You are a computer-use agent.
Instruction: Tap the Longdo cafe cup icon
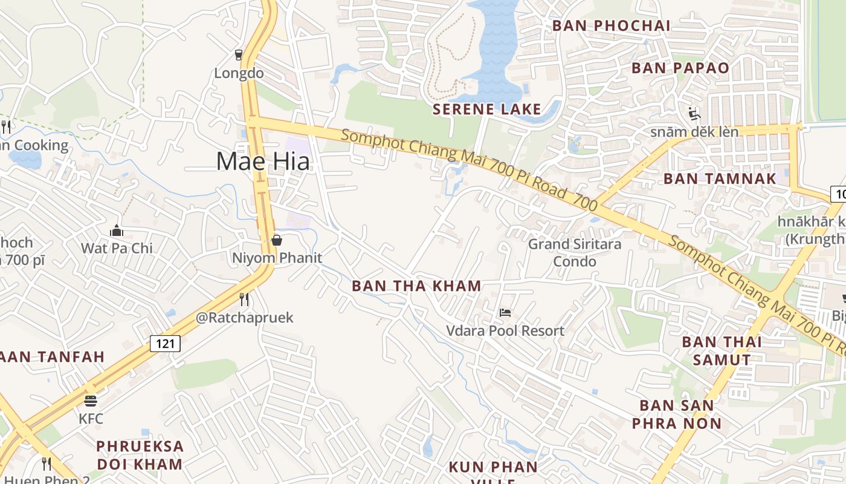[x=239, y=55]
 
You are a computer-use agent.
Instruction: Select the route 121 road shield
[x=165, y=344]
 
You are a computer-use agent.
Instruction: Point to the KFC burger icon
[x=91, y=401]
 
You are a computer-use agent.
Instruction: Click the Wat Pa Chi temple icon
[x=117, y=231]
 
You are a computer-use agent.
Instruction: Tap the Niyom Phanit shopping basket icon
[x=277, y=240]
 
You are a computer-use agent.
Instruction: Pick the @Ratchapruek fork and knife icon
[x=244, y=299]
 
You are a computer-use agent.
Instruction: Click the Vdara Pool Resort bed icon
[x=505, y=313]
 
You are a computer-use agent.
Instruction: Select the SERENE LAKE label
[x=487, y=110]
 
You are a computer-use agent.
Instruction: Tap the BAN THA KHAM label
[x=416, y=286]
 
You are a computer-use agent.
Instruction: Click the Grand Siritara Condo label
[x=575, y=253]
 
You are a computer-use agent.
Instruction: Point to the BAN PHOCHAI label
[x=611, y=25]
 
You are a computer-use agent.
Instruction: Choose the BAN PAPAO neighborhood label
[x=680, y=68]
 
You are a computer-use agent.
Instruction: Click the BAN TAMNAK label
[x=720, y=178]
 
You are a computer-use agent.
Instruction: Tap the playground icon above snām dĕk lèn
[x=694, y=113]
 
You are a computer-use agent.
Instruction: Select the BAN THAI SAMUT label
[x=722, y=351]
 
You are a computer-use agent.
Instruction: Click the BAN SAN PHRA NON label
[x=677, y=414]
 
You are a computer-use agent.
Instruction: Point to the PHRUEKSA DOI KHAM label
[x=140, y=456]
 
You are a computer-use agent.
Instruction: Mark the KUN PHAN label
[x=493, y=467]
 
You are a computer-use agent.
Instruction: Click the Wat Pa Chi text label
[x=117, y=248]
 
